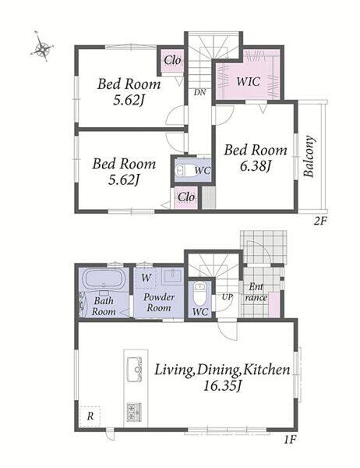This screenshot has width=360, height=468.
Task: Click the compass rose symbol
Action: click(43, 48)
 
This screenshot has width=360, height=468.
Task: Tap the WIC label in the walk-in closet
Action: click(248, 81)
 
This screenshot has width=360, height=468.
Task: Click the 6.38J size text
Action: click(255, 166)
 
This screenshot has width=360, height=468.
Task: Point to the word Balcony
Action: click(309, 157)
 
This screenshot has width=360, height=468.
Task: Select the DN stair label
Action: click(199, 92)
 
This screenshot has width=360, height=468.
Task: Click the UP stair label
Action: click(227, 297)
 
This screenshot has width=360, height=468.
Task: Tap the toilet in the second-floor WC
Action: click(185, 171)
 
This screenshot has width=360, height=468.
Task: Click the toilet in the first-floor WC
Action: click(199, 293)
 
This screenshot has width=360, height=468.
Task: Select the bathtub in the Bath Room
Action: click(104, 278)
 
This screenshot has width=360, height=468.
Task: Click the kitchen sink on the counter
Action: click(135, 369)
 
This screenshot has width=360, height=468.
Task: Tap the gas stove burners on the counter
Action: click(134, 412)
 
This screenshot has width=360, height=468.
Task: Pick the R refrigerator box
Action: click(90, 416)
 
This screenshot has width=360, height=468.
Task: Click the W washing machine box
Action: click(146, 278)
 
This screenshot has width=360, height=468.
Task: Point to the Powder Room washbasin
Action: click(172, 276)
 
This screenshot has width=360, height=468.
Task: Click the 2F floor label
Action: click(321, 222)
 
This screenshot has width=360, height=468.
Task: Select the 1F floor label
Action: click(289, 440)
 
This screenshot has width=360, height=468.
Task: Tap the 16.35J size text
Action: click(223, 387)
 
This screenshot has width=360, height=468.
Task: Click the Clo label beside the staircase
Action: click(172, 60)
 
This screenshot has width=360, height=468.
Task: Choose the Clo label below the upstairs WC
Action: click(186, 197)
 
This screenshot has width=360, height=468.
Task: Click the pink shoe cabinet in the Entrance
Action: click(274, 305)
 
